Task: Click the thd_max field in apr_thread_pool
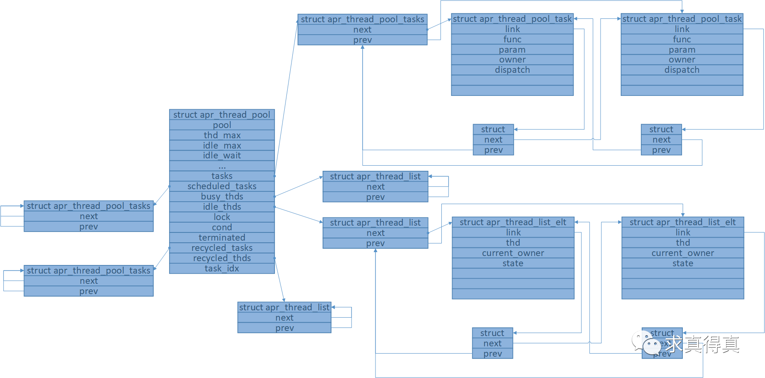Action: click(222, 135)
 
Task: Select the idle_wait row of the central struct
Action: click(222, 155)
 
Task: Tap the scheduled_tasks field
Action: click(222, 186)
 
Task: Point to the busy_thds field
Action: click(222, 196)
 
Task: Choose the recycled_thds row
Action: click(222, 258)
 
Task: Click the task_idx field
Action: click(222, 268)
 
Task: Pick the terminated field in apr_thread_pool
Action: click(222, 238)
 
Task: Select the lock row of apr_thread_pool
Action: click(222, 217)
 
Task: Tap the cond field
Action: click(222, 227)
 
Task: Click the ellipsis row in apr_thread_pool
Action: click(222, 166)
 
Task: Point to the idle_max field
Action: click(222, 146)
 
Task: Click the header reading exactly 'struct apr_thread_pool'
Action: click(222, 115)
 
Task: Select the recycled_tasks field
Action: click(222, 248)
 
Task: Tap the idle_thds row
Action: click(222, 207)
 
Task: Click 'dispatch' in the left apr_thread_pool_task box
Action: click(512, 70)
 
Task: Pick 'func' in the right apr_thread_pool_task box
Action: click(682, 39)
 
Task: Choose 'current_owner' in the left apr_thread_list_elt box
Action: click(513, 253)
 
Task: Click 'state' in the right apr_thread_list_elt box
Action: click(683, 263)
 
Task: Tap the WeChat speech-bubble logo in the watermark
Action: click(647, 343)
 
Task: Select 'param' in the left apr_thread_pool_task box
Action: click(512, 50)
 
